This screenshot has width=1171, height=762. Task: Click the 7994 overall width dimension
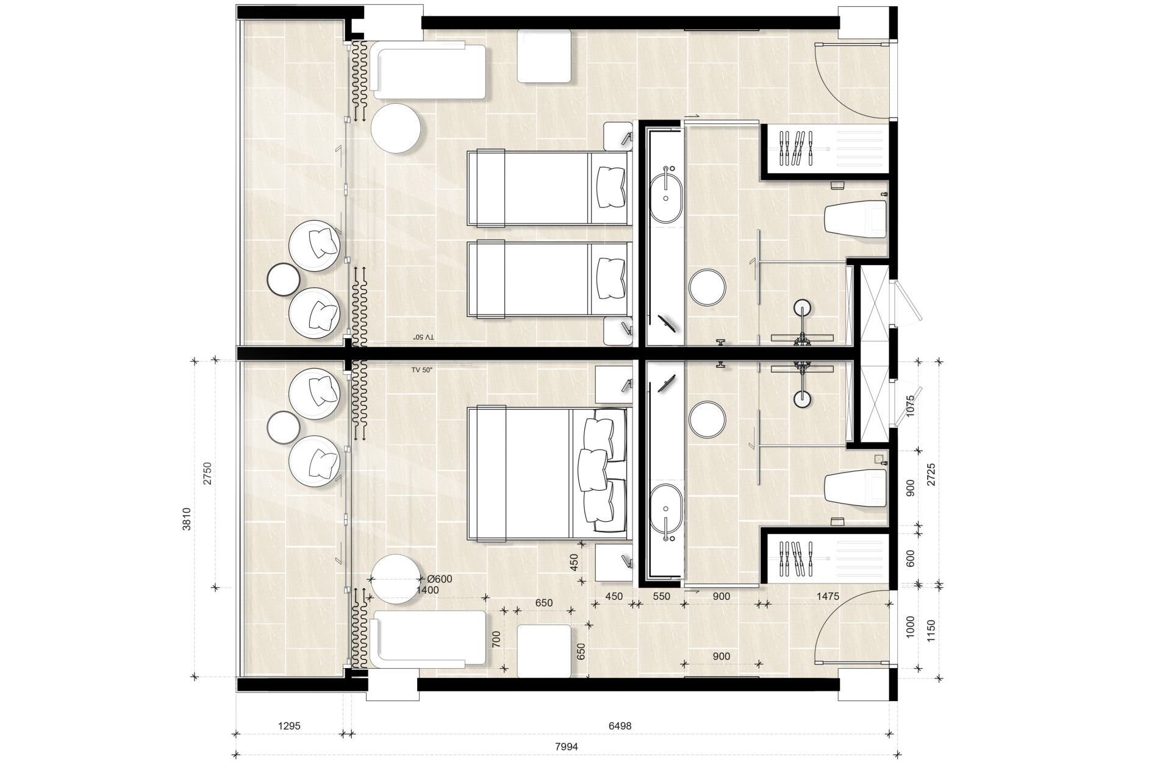click(567, 746)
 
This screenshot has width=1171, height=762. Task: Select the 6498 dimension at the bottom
click(620, 726)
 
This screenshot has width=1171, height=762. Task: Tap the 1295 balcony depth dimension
click(289, 726)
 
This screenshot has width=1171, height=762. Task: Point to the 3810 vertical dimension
click(187, 519)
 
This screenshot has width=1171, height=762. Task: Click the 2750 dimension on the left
click(207, 474)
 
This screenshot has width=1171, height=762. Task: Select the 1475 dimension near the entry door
click(827, 596)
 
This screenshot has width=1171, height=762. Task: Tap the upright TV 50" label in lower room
click(421, 370)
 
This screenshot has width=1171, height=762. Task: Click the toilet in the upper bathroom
click(856, 221)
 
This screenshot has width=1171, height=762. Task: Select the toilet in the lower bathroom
click(856, 487)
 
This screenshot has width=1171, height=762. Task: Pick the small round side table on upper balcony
click(284, 279)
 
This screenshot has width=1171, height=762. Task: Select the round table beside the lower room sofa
click(396, 579)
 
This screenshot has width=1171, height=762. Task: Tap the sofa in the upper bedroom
click(429, 70)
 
